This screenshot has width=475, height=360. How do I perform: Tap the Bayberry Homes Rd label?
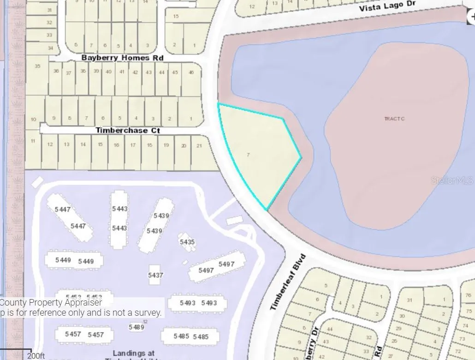(122, 58)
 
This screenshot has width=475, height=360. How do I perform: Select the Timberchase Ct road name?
(128, 131)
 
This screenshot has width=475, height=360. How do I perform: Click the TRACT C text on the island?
(394, 119)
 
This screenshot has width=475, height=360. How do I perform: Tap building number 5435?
(187, 242)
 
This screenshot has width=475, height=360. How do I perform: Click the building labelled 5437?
(155, 275)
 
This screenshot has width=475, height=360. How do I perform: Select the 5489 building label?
(136, 327)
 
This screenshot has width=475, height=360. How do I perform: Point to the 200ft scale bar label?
(36, 355)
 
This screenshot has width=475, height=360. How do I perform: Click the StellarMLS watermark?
(452, 180)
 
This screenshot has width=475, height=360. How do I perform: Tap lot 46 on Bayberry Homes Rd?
(191, 72)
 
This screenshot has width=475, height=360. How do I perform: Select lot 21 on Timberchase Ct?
(199, 145)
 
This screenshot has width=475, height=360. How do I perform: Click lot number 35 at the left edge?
(37, 66)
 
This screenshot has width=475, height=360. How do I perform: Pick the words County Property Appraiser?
(51, 303)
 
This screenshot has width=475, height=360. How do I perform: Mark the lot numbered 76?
(469, 295)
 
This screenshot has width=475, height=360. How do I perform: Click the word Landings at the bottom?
(134, 354)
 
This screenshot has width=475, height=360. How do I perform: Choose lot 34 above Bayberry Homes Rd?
(50, 48)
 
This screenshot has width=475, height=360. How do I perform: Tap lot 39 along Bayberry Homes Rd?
(96, 71)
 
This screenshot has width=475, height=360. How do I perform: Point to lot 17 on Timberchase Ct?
(133, 145)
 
